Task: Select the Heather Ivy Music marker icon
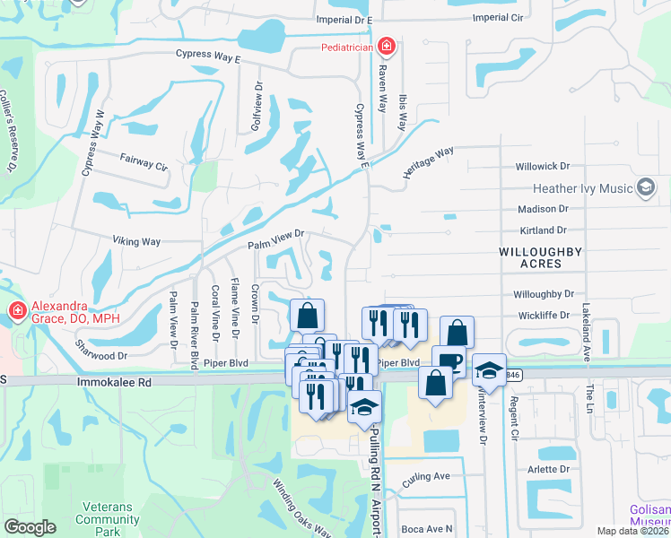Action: [645, 187]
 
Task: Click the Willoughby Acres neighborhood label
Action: [542, 258]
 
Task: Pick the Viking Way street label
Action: [136, 241]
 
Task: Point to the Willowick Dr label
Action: [542, 167]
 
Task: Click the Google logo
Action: [30, 527]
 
